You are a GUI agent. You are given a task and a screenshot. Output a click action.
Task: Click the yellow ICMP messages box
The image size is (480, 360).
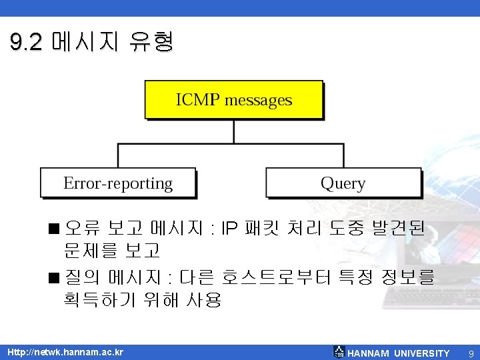[233, 100]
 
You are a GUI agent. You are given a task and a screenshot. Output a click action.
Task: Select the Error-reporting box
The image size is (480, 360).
[118, 183]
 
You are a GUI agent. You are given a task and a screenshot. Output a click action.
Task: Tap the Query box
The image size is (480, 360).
[343, 183]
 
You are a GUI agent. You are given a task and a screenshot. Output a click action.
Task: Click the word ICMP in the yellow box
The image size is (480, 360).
[198, 101]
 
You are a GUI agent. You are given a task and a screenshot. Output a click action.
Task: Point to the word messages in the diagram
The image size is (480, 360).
[259, 101]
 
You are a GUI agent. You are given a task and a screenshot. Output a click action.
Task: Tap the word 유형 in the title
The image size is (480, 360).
[154, 43]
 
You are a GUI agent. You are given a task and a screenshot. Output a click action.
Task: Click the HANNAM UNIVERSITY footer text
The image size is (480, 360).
[399, 353]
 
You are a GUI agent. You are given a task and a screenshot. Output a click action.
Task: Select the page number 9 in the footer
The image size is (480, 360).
[471, 353]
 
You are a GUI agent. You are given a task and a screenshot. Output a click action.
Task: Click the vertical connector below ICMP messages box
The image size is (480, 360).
[233, 132]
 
